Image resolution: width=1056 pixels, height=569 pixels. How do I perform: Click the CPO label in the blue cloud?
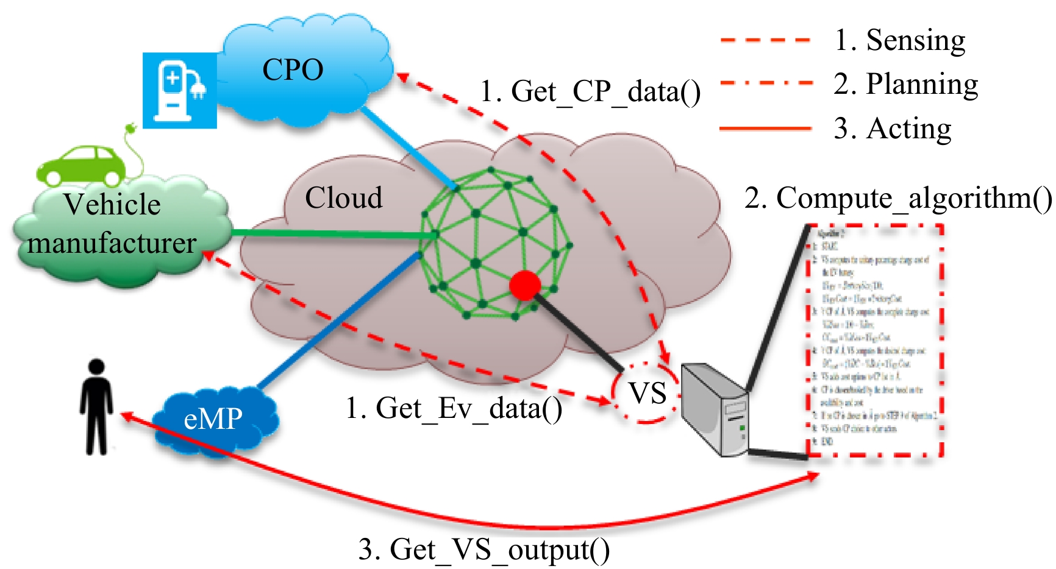293,69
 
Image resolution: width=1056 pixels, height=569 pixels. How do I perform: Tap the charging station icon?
180,90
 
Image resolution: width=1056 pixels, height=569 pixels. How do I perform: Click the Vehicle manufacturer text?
112,224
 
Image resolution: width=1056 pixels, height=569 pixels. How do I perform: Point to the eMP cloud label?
213,419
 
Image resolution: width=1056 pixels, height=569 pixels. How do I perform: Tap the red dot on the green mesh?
524,286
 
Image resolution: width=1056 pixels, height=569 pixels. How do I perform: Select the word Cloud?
343,198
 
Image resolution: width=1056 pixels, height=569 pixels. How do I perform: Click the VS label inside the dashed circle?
648,393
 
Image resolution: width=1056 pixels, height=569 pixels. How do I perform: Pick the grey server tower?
713,408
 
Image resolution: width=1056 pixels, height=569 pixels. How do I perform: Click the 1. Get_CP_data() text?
590,92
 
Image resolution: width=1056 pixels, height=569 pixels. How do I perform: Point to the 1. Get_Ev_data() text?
454,408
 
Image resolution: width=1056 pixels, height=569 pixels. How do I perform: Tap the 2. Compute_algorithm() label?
898,199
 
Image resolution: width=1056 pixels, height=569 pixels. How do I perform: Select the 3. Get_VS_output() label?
483,550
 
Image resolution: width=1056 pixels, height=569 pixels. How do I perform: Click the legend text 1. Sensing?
900,41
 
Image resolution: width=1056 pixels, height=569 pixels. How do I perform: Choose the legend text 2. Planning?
906,84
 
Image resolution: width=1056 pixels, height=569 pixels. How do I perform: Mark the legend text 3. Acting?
893,129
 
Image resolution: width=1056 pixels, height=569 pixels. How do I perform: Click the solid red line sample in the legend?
765,129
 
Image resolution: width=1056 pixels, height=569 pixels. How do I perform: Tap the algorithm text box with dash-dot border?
875,341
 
